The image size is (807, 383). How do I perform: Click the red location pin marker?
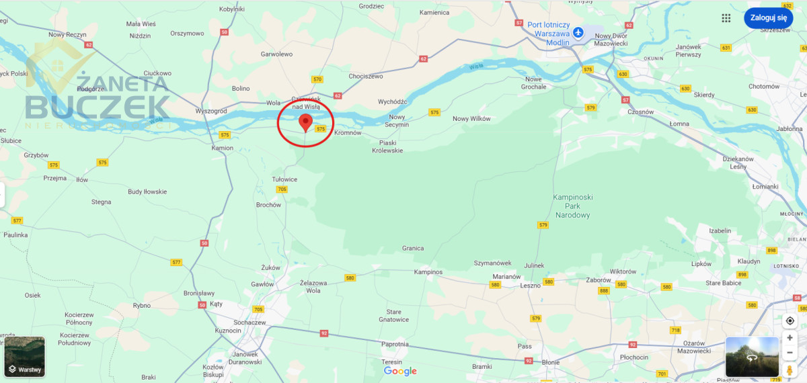coord(305,122)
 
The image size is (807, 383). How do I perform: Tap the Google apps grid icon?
coord(726,18)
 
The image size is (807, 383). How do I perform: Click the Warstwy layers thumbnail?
coord(25,357)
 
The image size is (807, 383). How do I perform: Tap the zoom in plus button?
coord(790,338)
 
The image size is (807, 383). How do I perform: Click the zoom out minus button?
coord(790,353)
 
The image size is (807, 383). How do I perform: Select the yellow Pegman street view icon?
coord(790,370)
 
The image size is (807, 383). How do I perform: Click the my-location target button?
coord(790,321)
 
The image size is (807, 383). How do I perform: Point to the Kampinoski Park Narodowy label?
coord(572,206)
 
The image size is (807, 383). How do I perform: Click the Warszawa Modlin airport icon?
coord(578,33)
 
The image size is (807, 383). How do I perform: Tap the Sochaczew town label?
coord(249,323)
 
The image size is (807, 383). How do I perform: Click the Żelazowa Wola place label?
coord(313,287)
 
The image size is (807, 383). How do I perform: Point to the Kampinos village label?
coord(428,272)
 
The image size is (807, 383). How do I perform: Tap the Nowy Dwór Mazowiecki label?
coord(611,40)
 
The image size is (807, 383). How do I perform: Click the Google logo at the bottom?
coord(400,371)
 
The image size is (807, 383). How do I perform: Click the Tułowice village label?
coord(284,179)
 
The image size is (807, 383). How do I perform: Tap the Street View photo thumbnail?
coord(751,357)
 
